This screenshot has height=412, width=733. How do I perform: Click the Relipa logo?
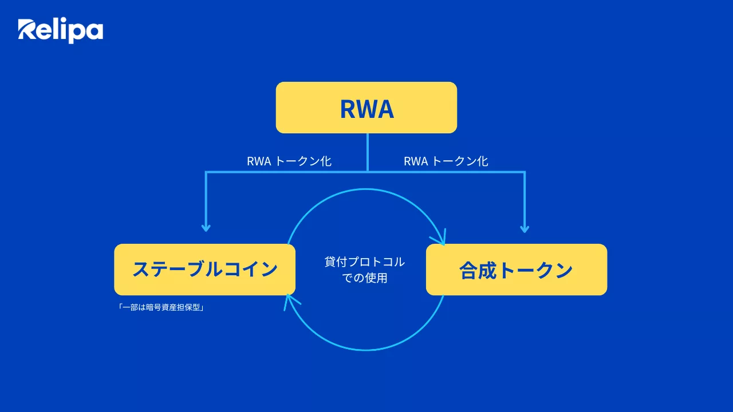point(60,30)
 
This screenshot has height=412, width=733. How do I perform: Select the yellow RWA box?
point(366,108)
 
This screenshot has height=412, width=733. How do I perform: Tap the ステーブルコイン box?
point(204,270)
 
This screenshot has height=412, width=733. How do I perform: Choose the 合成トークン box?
point(516,270)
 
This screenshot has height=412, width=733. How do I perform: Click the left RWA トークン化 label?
point(289,161)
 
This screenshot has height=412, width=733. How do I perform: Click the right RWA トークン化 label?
point(446,161)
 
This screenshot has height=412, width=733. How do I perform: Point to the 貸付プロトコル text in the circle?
point(365,262)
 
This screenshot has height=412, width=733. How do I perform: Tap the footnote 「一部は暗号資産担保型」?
point(161,307)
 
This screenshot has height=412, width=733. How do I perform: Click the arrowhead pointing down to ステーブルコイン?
point(206,228)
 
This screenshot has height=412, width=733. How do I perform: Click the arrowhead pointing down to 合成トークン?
point(524,228)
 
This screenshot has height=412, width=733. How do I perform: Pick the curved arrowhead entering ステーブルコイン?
point(289,300)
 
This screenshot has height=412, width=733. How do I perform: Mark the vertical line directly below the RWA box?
point(368,152)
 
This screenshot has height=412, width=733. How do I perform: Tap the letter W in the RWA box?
point(366,109)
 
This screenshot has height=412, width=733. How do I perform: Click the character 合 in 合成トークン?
point(470,270)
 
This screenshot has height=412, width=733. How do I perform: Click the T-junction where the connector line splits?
point(368,172)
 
